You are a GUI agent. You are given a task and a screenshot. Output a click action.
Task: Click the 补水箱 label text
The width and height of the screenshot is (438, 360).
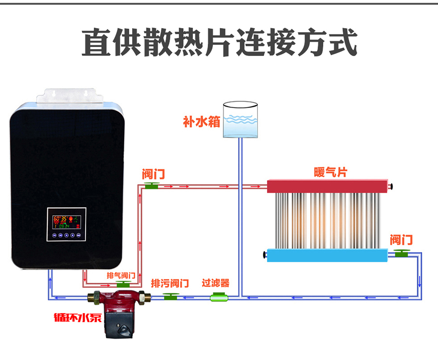(201, 122)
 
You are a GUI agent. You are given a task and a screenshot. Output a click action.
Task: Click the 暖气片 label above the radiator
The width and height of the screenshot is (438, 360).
(330, 172)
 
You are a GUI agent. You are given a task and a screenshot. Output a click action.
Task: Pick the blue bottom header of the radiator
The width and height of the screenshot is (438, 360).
(327, 255)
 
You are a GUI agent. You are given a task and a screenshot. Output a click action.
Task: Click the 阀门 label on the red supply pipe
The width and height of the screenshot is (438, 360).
(153, 174)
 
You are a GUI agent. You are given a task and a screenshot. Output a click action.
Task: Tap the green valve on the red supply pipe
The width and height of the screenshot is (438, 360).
(152, 186)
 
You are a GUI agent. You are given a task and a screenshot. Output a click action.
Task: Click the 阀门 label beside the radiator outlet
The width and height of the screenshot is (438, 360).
(401, 240)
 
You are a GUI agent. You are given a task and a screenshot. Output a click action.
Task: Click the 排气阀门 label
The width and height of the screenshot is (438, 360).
(121, 276)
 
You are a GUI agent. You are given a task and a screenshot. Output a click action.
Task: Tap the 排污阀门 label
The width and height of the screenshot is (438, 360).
(170, 283)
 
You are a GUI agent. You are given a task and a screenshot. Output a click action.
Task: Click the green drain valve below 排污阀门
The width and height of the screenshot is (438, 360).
(171, 296)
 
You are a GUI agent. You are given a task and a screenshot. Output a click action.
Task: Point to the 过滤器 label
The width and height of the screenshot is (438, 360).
(215, 283)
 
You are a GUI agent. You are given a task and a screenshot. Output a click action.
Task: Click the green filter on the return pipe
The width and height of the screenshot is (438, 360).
(219, 297)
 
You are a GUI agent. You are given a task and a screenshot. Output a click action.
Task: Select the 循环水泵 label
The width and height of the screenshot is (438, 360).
(78, 317)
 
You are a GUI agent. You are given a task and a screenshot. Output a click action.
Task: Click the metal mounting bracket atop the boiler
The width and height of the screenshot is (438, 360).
(69, 96)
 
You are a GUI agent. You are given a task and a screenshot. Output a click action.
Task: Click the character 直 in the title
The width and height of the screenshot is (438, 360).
(95, 43)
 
